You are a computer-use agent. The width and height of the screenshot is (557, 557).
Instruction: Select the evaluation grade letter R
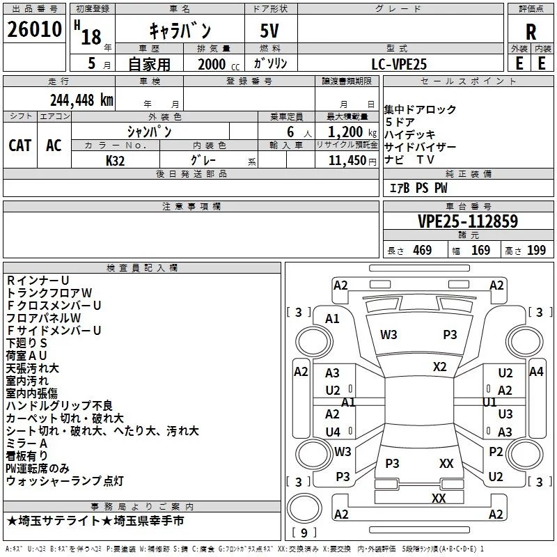531,31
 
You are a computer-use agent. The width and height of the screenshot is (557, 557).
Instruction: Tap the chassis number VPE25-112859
468,221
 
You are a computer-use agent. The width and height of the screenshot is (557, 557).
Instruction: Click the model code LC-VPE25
399,64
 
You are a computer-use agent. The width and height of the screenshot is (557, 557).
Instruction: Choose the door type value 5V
271,31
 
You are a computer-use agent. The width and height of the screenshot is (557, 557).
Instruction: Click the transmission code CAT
19,146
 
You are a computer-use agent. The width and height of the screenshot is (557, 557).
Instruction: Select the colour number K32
116,160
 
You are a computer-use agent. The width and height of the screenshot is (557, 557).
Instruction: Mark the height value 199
536,250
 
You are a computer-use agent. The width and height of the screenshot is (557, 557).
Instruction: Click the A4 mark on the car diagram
536,372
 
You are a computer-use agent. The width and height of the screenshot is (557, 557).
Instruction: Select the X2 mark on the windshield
440,366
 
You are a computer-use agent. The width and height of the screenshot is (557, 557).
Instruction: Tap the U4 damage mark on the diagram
333,432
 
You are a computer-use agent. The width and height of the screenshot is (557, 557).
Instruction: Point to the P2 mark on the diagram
496,452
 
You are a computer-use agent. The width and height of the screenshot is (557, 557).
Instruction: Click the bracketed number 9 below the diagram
303,533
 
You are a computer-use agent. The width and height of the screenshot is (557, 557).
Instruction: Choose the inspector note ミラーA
26,444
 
